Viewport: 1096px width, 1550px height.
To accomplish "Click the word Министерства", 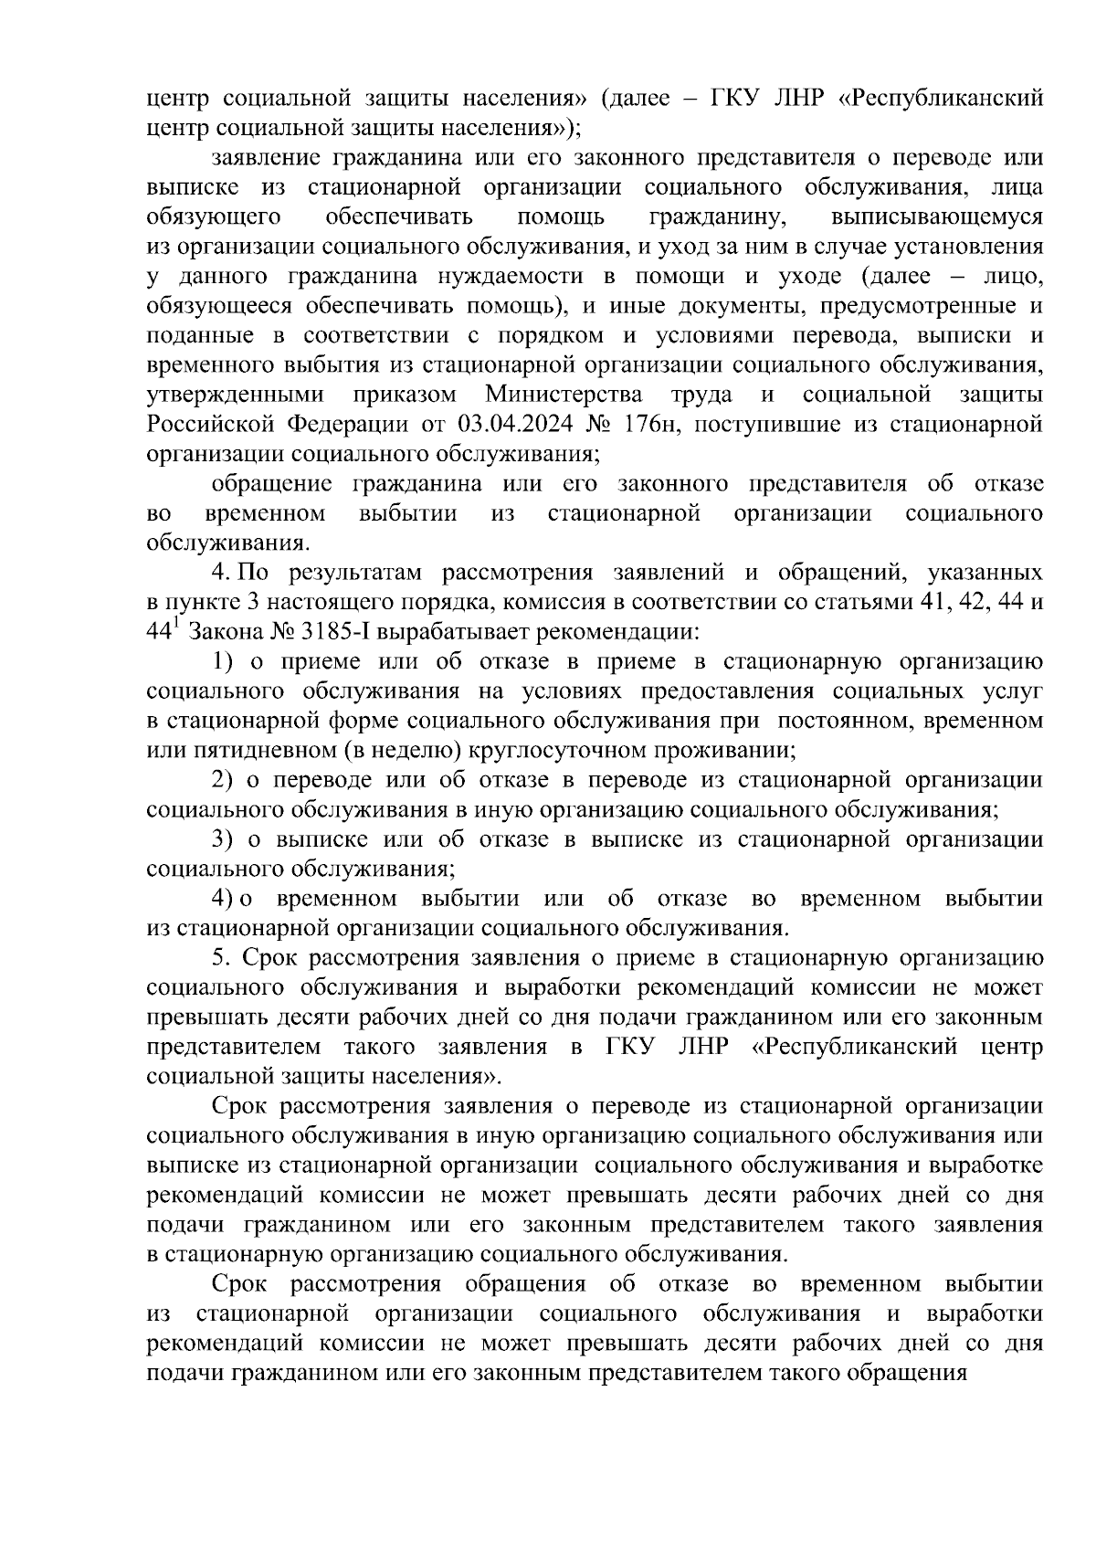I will pos(564,395).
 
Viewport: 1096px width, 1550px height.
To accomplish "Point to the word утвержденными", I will pos(235,395).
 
